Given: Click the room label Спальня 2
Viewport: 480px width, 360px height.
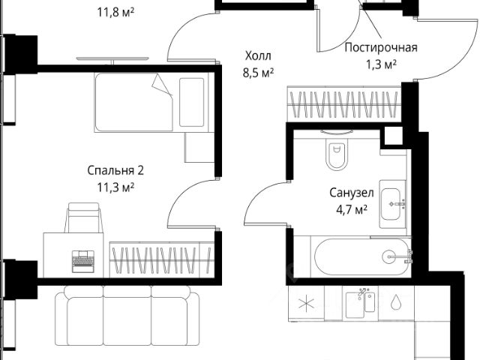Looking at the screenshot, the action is (x=115, y=170).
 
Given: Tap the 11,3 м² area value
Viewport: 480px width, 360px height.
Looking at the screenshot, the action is (x=115, y=187).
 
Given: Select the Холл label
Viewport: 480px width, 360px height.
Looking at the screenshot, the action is (x=258, y=56).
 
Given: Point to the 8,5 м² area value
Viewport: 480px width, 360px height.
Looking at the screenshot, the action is (x=258, y=73).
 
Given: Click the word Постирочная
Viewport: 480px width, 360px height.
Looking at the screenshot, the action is (x=381, y=48).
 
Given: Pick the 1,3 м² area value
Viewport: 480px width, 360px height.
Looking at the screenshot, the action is (x=382, y=64).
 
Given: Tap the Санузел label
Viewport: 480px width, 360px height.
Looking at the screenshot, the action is (x=352, y=193).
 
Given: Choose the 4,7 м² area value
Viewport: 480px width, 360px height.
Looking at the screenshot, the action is (x=352, y=210).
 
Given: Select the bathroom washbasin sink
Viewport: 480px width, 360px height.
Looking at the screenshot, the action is (x=391, y=204).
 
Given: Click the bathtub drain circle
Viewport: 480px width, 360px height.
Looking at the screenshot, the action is (x=389, y=256).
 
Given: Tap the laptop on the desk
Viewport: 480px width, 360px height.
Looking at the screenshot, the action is (x=83, y=261).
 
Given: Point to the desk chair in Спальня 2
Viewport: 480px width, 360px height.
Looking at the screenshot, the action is (x=83, y=217).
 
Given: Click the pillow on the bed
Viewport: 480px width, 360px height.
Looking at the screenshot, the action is (x=192, y=102).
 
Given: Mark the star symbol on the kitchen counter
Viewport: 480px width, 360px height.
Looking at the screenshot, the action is (x=306, y=304).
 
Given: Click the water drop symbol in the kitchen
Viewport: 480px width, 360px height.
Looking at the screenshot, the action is (x=395, y=301).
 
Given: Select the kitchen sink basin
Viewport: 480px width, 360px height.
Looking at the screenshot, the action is (x=355, y=305).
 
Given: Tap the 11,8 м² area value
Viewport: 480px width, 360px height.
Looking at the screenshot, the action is (x=115, y=12).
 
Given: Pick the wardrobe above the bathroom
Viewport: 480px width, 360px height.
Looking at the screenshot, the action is (x=344, y=104).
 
